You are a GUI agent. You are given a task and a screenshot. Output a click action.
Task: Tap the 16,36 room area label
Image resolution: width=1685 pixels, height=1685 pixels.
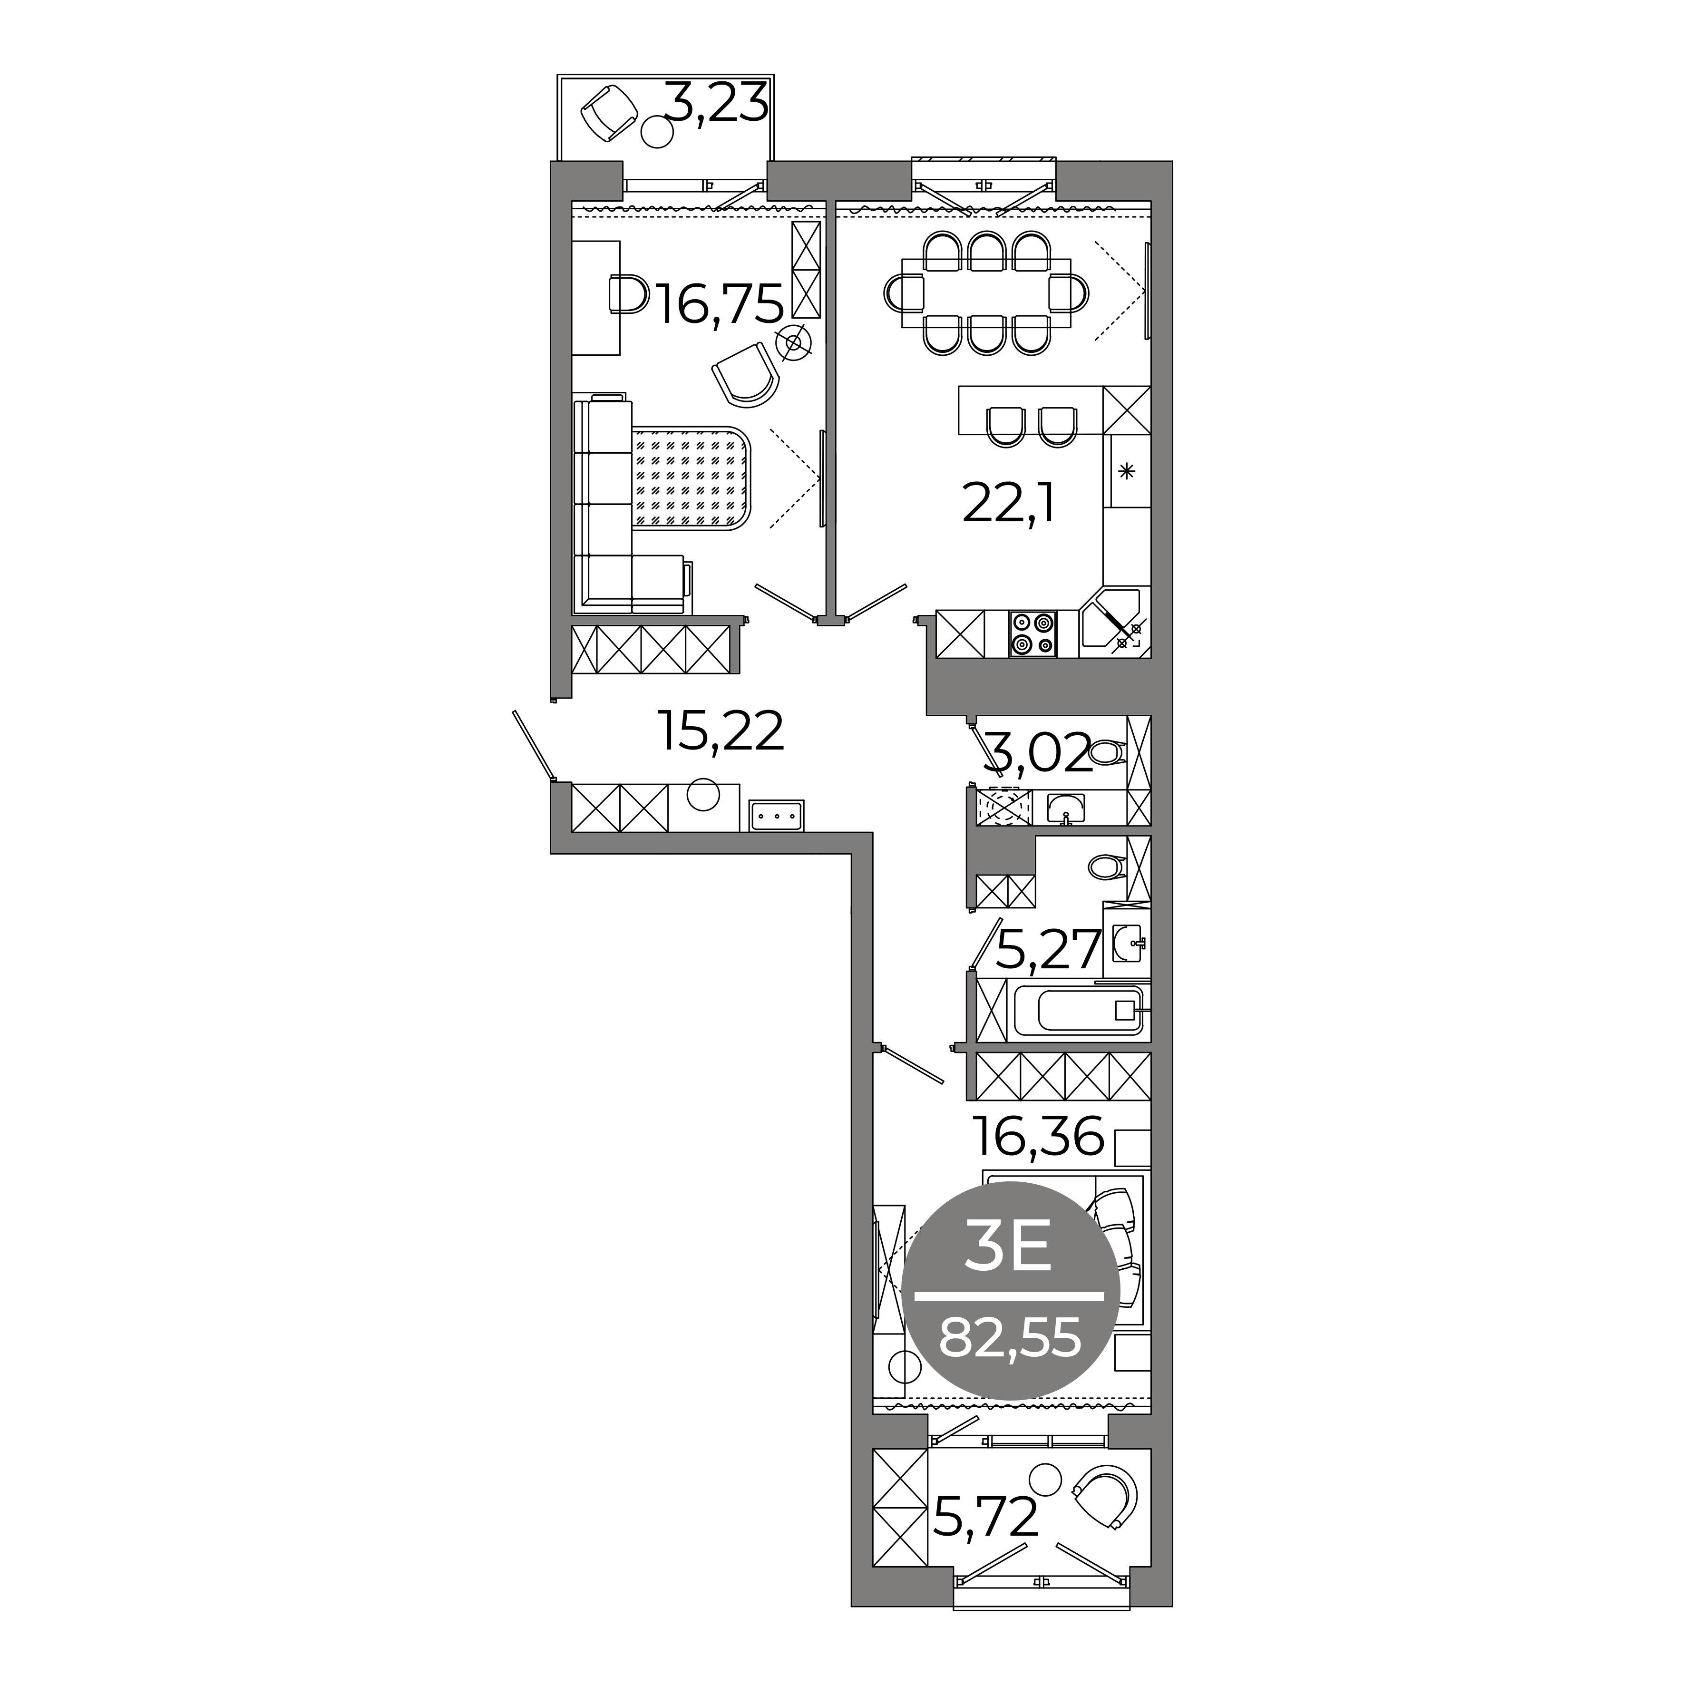[x=1038, y=1137]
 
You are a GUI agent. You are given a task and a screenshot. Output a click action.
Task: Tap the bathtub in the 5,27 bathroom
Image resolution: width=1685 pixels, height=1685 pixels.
[x=1078, y=1010]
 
